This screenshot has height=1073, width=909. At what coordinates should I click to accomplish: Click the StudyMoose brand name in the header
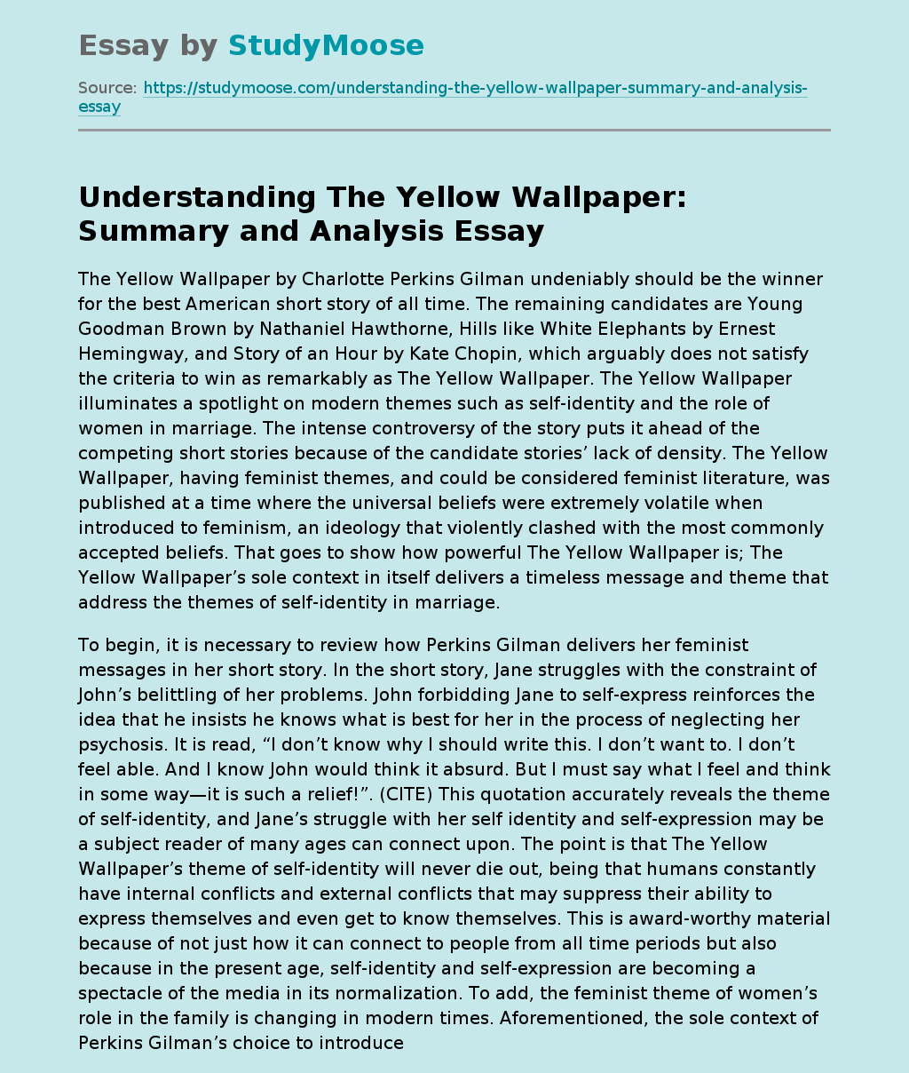point(326,45)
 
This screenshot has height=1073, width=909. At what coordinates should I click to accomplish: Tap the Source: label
point(107,88)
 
